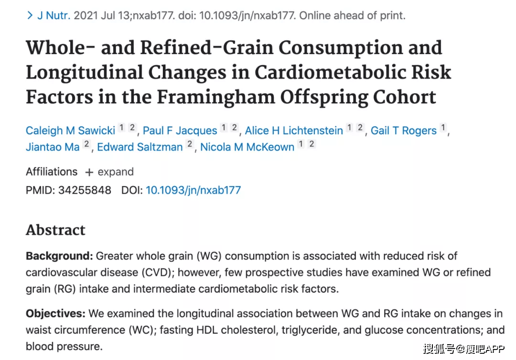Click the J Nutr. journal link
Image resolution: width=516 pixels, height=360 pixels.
(x=54, y=15)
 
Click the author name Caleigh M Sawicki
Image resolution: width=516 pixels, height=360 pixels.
(x=70, y=131)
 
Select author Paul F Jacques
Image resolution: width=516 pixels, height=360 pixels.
(x=180, y=131)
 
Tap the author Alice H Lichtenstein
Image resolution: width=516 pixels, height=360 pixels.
(x=294, y=131)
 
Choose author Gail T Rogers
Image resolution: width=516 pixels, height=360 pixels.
(x=404, y=131)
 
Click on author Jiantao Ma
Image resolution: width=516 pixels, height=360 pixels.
(x=53, y=147)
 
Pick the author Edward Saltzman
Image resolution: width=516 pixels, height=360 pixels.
(x=140, y=147)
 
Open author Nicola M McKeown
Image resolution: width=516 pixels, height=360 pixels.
(x=247, y=147)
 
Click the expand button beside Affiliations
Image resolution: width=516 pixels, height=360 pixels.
(x=109, y=172)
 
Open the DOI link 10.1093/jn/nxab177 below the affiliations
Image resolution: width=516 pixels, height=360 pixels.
(x=193, y=190)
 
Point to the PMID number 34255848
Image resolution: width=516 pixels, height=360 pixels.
(x=85, y=190)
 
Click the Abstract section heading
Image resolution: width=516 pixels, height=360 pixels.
(x=55, y=230)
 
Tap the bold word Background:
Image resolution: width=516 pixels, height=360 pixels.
(x=59, y=256)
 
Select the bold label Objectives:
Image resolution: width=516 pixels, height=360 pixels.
(x=55, y=314)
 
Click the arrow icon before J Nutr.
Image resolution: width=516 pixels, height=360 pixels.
(x=30, y=15)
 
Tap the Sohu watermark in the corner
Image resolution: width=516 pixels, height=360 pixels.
(x=463, y=349)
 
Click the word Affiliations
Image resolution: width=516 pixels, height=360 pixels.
(x=52, y=172)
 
